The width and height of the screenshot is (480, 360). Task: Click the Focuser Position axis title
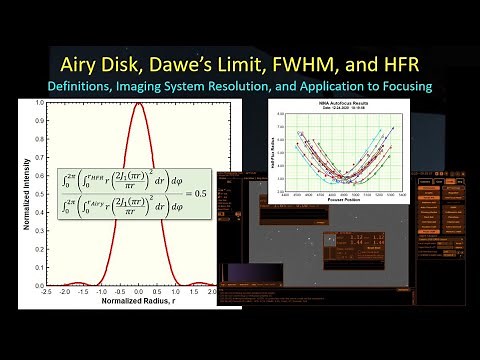pyautogui.click(x=345, y=196)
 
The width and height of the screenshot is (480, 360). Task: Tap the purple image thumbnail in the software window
pyautogui.click(x=245, y=271)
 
